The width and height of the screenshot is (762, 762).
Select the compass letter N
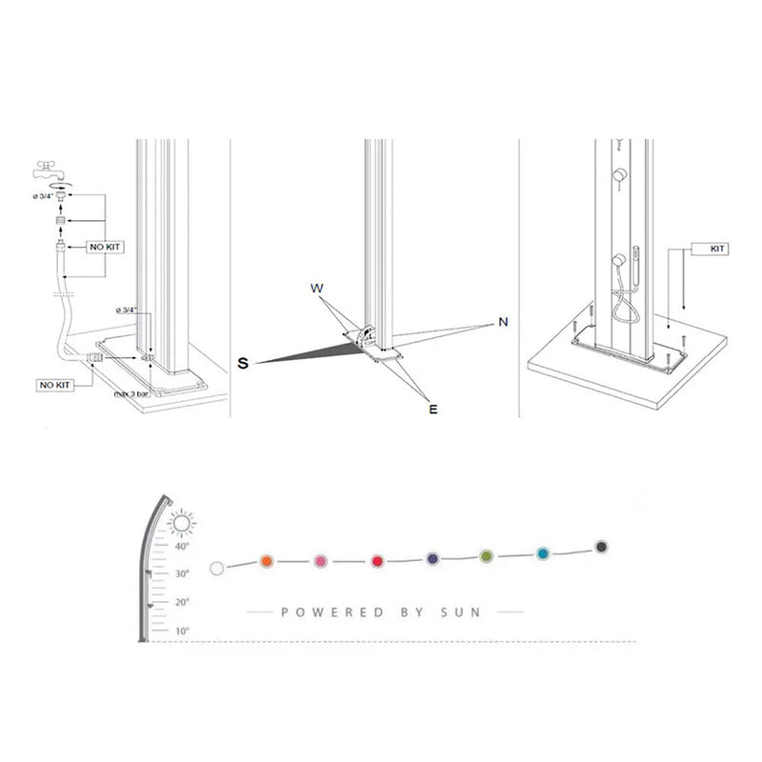tap(502, 323)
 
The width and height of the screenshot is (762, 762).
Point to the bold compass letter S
tap(244, 363)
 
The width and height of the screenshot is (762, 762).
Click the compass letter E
tap(431, 410)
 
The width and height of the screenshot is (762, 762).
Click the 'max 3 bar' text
tap(131, 392)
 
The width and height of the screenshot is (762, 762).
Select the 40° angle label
tap(182, 547)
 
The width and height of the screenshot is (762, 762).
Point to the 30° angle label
tap(182, 573)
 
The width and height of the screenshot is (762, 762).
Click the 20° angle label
tap(182, 602)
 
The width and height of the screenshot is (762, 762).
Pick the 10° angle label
tap(182, 631)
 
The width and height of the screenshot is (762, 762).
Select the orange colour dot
tap(267, 562)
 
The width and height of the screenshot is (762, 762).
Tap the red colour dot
tap(377, 561)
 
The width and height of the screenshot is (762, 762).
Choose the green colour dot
tap(486, 555)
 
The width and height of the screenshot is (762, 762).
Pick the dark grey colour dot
tap(601, 547)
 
